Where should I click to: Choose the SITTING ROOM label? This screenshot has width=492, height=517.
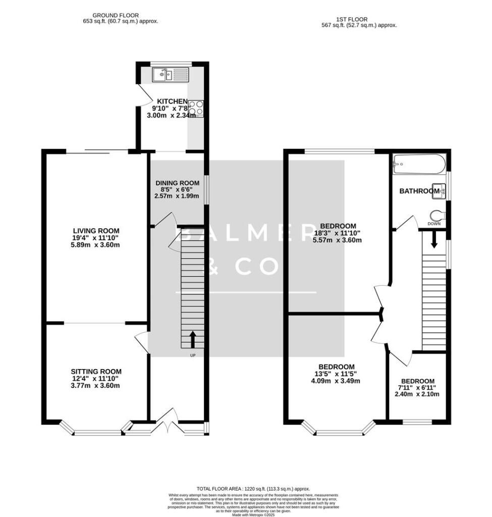pos(96,371)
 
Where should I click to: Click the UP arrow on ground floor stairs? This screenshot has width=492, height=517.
pos(192,340)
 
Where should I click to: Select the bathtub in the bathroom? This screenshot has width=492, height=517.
pos(419,164)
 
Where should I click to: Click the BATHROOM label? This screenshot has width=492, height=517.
pos(419,191)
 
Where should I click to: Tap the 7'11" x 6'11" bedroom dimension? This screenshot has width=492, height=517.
pos(417,387)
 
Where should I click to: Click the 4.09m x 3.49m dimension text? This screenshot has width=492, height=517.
pos(336,381)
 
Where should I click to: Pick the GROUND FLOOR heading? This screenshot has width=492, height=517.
pos(116,16)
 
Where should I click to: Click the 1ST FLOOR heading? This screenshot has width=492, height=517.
pos(359,18)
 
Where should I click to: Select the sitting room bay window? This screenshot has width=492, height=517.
pos(96,432)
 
